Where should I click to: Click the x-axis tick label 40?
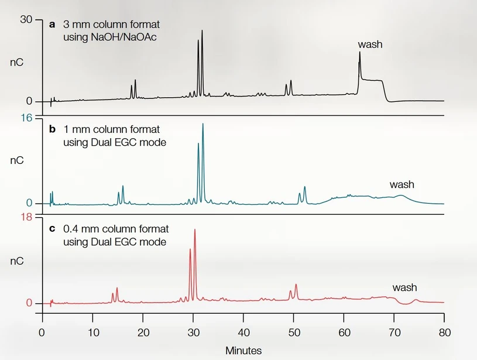pyautogui.click(x=243, y=333)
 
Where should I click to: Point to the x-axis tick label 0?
pyautogui.click(x=42, y=333)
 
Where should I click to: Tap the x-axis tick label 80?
pyautogui.click(x=444, y=333)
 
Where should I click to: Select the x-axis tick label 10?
pyautogui.click(x=92, y=333)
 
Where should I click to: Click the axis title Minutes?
pyautogui.click(x=243, y=350)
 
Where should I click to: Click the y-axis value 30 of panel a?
pyautogui.click(x=26, y=19)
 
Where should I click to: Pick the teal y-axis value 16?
pyautogui.click(x=26, y=118)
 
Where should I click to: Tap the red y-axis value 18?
pyautogui.click(x=26, y=217)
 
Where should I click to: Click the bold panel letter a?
pyautogui.click(x=52, y=25)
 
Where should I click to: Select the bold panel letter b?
pyautogui.click(x=52, y=129)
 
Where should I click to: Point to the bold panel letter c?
pyautogui.click(x=52, y=229)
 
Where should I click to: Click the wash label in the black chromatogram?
pyautogui.click(x=370, y=44)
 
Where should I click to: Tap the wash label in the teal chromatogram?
pyautogui.click(x=401, y=185)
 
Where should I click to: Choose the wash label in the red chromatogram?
pyautogui.click(x=404, y=287)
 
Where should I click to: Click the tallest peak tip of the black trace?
pyautogui.click(x=202, y=31)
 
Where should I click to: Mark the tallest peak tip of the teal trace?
pyautogui.click(x=203, y=124)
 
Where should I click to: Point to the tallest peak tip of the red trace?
pyautogui.click(x=194, y=229)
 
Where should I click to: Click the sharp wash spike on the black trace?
pyautogui.click(x=359, y=53)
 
